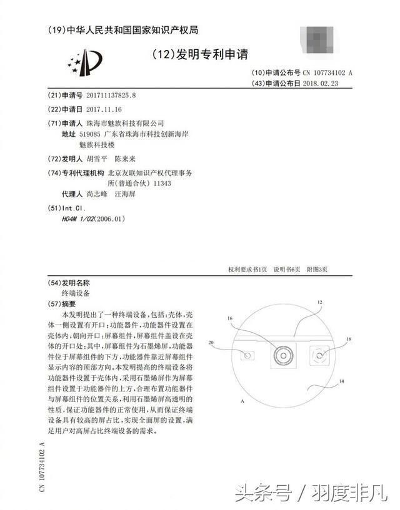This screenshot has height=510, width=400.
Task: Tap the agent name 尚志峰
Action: click(97, 194)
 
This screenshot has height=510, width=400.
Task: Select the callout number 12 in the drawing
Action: click(319, 302)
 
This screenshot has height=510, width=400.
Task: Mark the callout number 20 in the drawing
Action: click(211, 343)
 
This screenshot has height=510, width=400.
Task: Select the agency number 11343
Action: click(162, 184)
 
